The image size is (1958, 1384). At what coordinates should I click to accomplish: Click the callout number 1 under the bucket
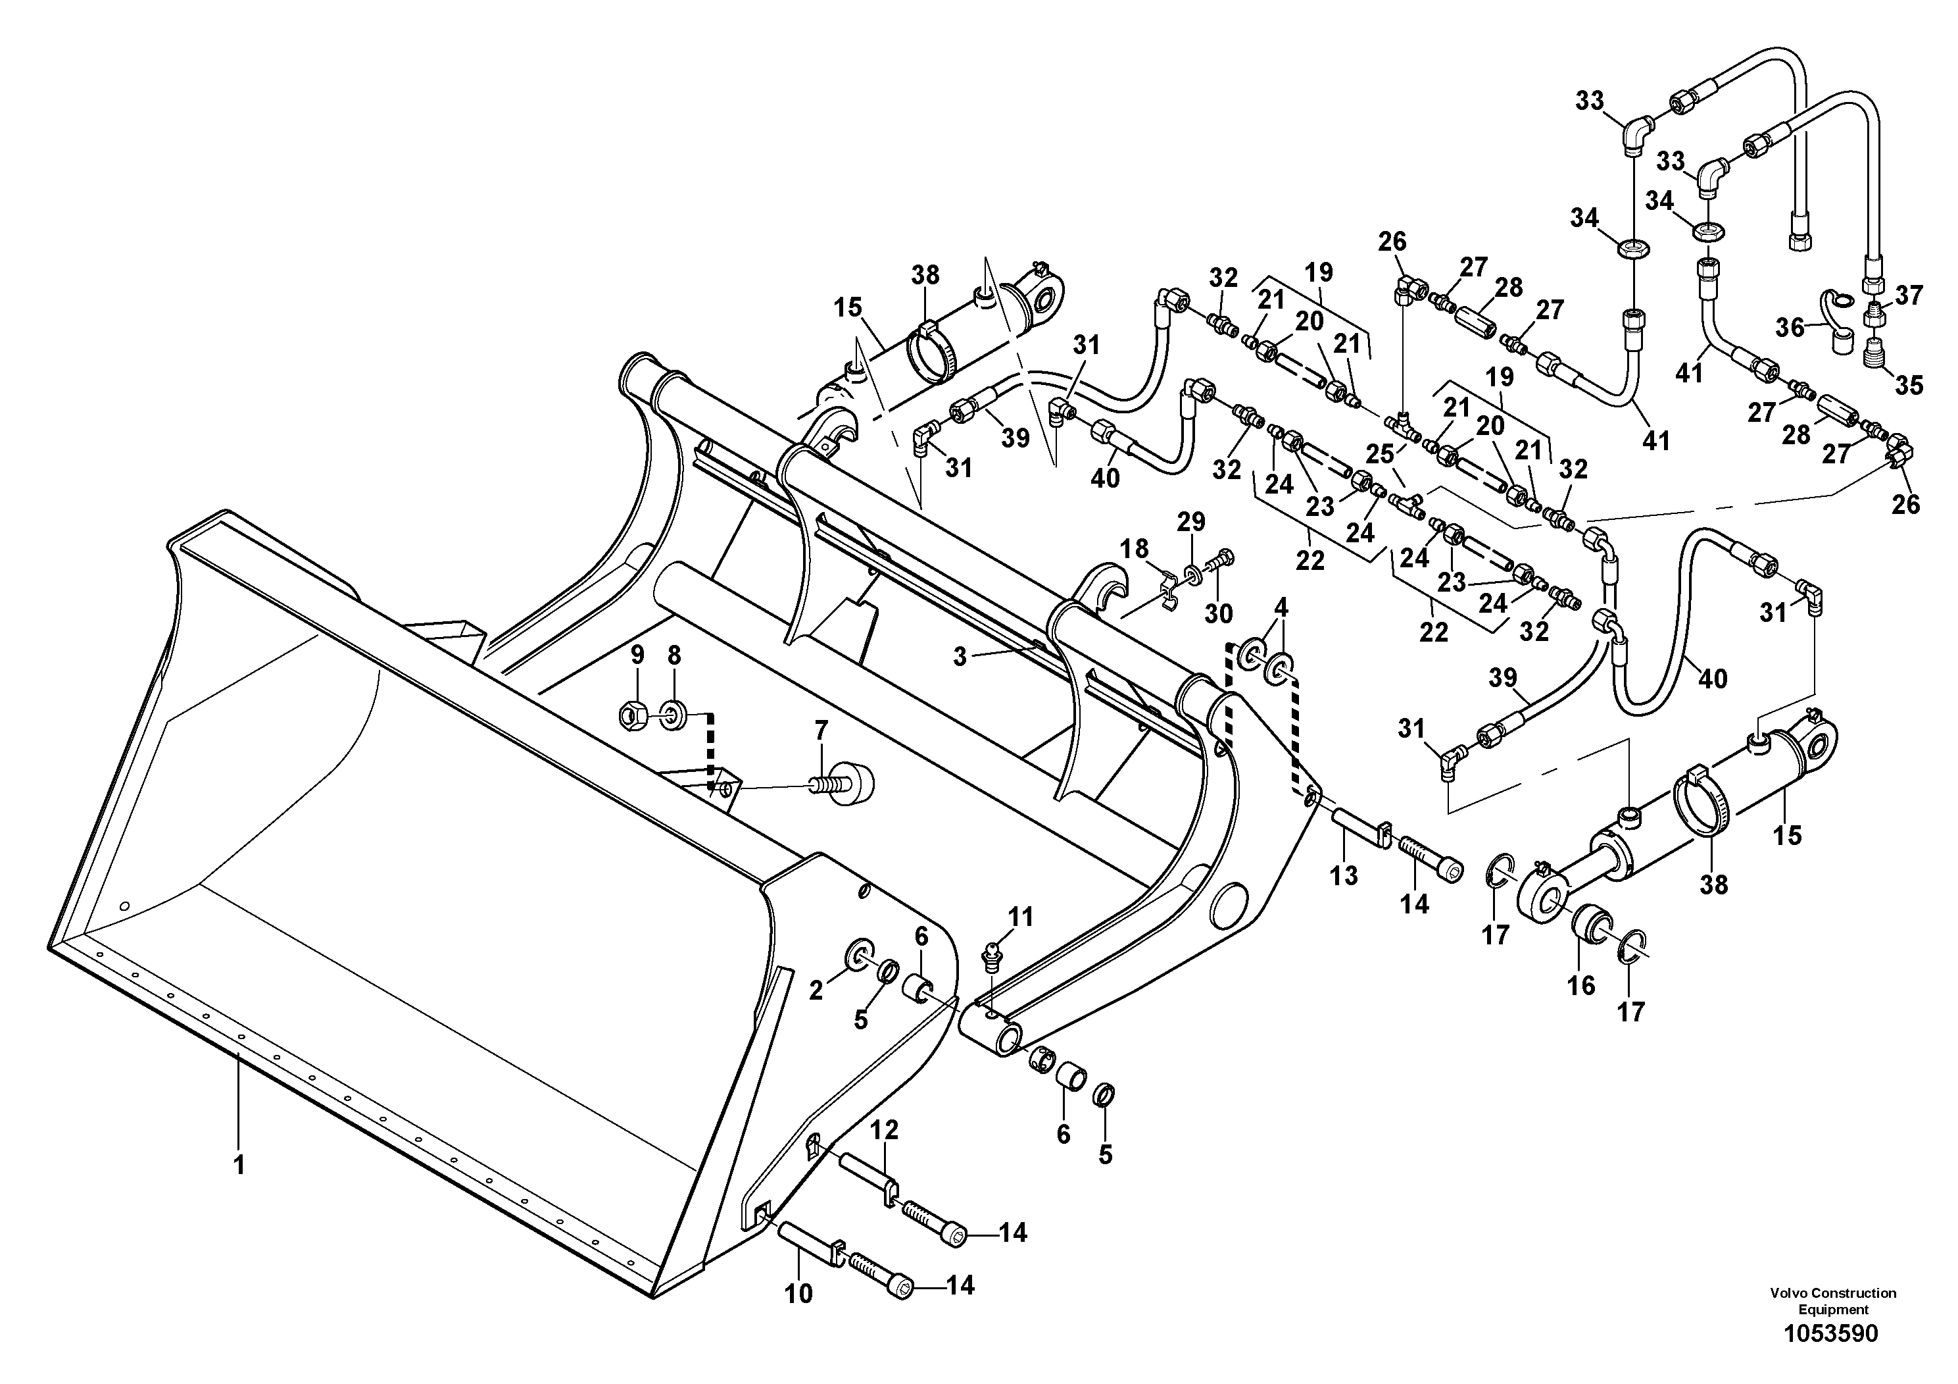pyautogui.click(x=239, y=1165)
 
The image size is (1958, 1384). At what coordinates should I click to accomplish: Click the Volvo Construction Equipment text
pyautogui.click(x=1832, y=1301)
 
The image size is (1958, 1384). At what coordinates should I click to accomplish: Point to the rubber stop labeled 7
pyautogui.click(x=847, y=782)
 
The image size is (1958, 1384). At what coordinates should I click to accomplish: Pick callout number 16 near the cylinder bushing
pyautogui.click(x=1580, y=986)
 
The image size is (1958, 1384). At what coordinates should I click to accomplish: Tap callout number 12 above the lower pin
pyautogui.click(x=885, y=1130)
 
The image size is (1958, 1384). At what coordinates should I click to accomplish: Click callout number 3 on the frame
pyautogui.click(x=960, y=657)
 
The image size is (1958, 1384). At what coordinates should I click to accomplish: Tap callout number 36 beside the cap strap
pyautogui.click(x=1791, y=327)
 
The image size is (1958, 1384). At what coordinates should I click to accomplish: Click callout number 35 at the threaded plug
pyautogui.click(x=1909, y=385)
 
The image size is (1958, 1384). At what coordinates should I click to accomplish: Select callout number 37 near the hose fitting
pyautogui.click(x=1909, y=295)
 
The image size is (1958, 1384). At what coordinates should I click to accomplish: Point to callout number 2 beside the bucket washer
pyautogui.click(x=816, y=990)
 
